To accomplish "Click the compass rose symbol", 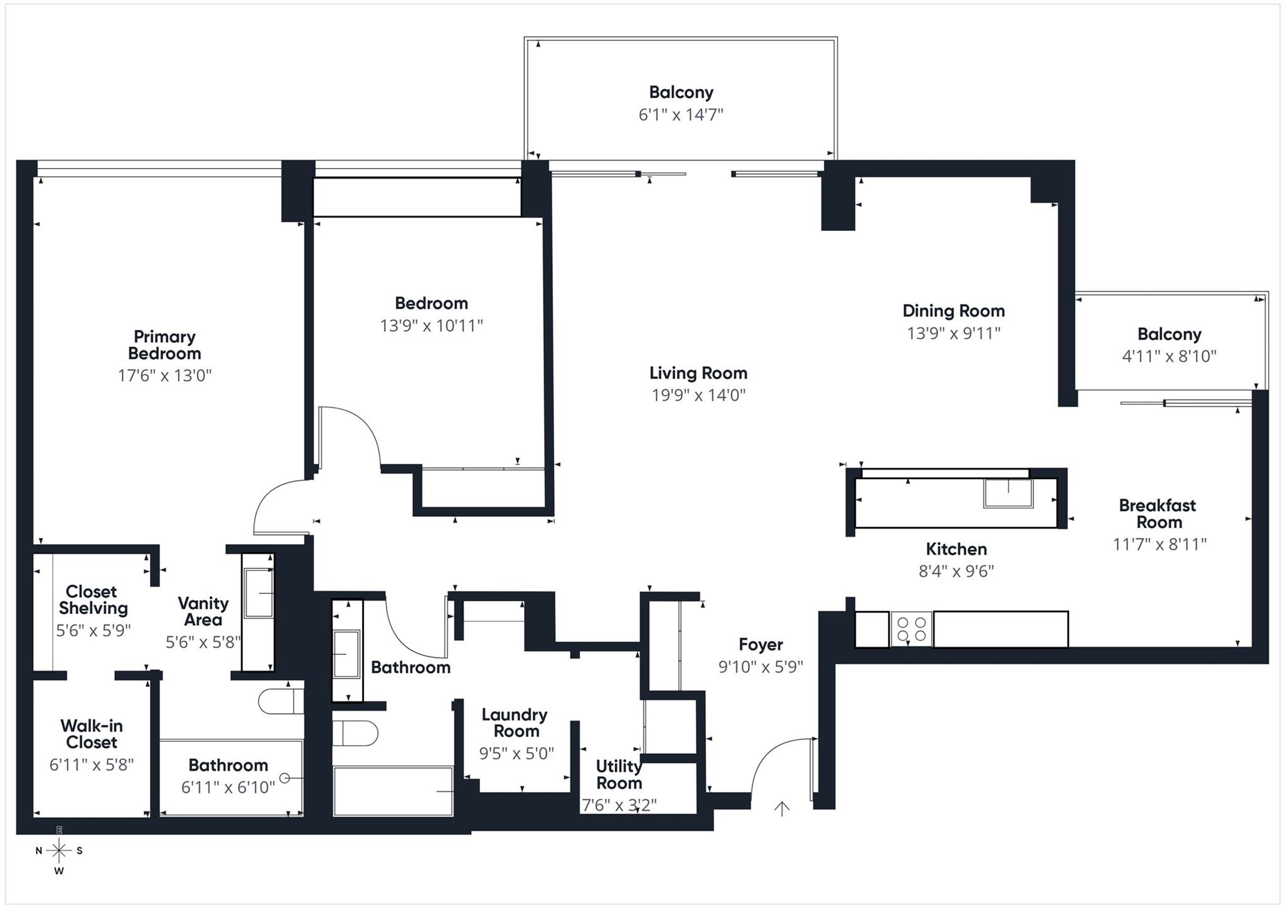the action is point(59,850).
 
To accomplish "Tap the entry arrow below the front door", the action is point(781,809).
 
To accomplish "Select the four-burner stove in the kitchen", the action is point(911,629).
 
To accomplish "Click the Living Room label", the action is point(698,373).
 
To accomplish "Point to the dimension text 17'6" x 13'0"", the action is point(164,376).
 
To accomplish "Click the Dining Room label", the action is point(954,310).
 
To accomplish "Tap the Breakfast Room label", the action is point(1158,514).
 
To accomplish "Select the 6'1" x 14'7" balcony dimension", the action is point(681,115).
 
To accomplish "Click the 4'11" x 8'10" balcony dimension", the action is point(1169,356).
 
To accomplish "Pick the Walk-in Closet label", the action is point(92,734).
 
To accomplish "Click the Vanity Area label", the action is point(203,611).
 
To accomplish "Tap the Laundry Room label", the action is point(515,723).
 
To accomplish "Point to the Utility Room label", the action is point(619,774).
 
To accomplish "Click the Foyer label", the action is point(760,645).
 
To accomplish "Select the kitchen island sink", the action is point(1008,493).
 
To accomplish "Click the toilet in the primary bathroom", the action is point(281,701).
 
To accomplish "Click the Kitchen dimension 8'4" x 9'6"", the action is point(956,571).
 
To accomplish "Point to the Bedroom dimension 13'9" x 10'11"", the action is point(432,325).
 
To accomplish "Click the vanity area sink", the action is point(259,593).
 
